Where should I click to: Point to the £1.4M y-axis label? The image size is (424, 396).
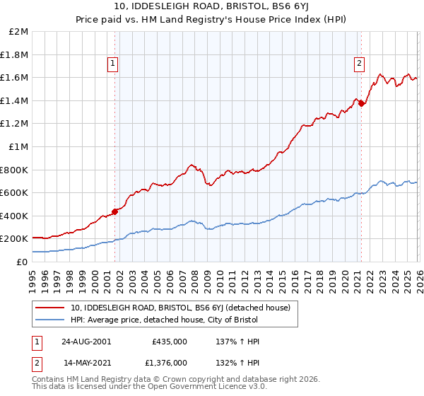coord(15,100)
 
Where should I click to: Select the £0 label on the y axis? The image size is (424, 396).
coord(23,262)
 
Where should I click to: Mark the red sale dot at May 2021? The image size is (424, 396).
coord(361,103)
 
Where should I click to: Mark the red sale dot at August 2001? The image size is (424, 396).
coord(114,211)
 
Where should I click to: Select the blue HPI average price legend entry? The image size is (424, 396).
coord(165,320)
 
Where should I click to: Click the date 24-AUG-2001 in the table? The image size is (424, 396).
coord(86,342)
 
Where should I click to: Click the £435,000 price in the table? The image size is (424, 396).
coord(169,342)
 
